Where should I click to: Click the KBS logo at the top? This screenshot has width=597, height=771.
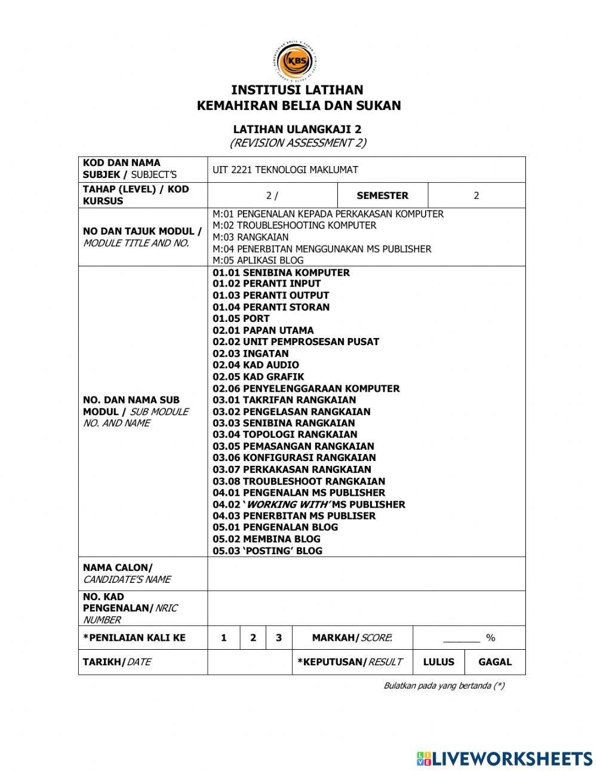click(x=297, y=62)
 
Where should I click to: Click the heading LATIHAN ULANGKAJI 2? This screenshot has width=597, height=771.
click(x=297, y=129)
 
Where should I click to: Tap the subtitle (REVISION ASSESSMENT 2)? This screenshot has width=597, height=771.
click(x=297, y=143)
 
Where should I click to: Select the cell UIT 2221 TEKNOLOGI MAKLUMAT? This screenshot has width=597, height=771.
click(x=285, y=170)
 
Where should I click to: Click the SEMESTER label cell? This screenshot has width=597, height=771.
click(x=382, y=196)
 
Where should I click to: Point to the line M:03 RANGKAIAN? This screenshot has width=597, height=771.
click(x=250, y=237)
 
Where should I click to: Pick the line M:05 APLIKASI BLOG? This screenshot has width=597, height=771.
click(x=258, y=260)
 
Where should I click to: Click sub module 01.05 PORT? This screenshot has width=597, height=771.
click(x=241, y=319)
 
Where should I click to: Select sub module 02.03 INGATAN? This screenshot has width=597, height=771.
click(x=251, y=354)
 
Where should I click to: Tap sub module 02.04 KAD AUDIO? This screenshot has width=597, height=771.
click(x=256, y=365)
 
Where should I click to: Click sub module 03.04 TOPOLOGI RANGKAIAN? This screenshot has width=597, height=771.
click(x=285, y=435)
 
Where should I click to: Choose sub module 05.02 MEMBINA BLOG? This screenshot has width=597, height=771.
click(x=266, y=539)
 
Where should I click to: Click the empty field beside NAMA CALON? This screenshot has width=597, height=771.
click(x=366, y=574)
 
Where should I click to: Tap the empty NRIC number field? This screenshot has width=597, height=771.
click(x=366, y=608)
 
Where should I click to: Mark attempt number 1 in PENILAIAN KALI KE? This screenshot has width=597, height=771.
click(x=224, y=638)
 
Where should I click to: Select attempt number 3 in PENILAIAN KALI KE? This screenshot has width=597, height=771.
click(x=279, y=638)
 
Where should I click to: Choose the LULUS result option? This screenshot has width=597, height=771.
click(x=439, y=662)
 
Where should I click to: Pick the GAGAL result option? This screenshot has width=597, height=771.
click(x=495, y=662)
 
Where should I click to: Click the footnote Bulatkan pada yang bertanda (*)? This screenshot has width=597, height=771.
click(x=444, y=686)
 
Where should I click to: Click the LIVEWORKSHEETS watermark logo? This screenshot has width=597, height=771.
click(x=504, y=758)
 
